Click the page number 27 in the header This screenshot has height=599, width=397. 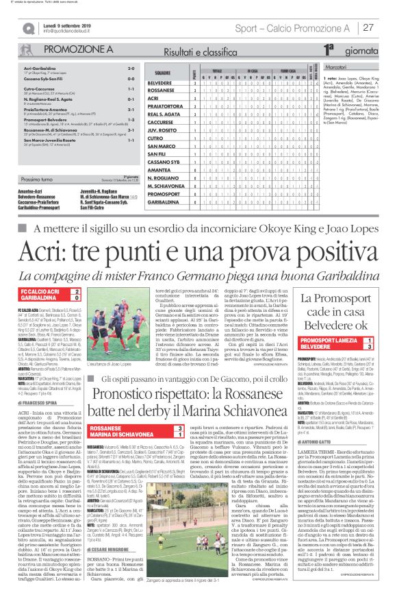(368, 27)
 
